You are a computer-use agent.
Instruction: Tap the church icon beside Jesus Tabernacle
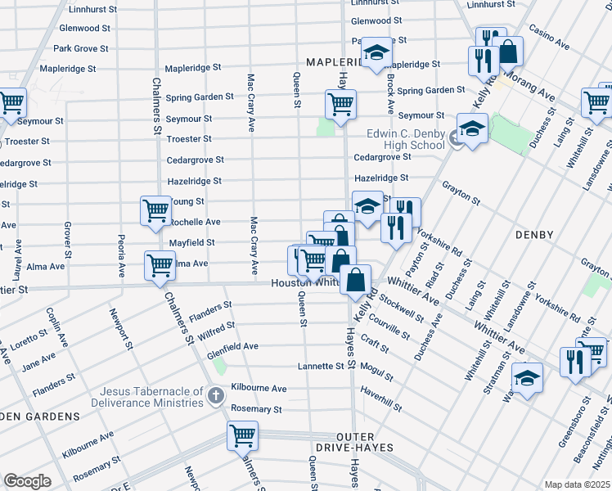[215, 396]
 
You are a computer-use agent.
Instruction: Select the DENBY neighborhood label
[537, 235]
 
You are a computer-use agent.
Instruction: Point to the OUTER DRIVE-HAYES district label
[355, 448]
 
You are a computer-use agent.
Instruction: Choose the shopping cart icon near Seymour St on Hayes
[340, 105]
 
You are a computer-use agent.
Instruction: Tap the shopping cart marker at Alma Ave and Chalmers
[160, 265]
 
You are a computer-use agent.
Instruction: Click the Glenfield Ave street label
[232, 346]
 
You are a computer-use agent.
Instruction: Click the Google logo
[27, 481]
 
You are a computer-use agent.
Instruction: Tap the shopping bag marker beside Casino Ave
[508, 52]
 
